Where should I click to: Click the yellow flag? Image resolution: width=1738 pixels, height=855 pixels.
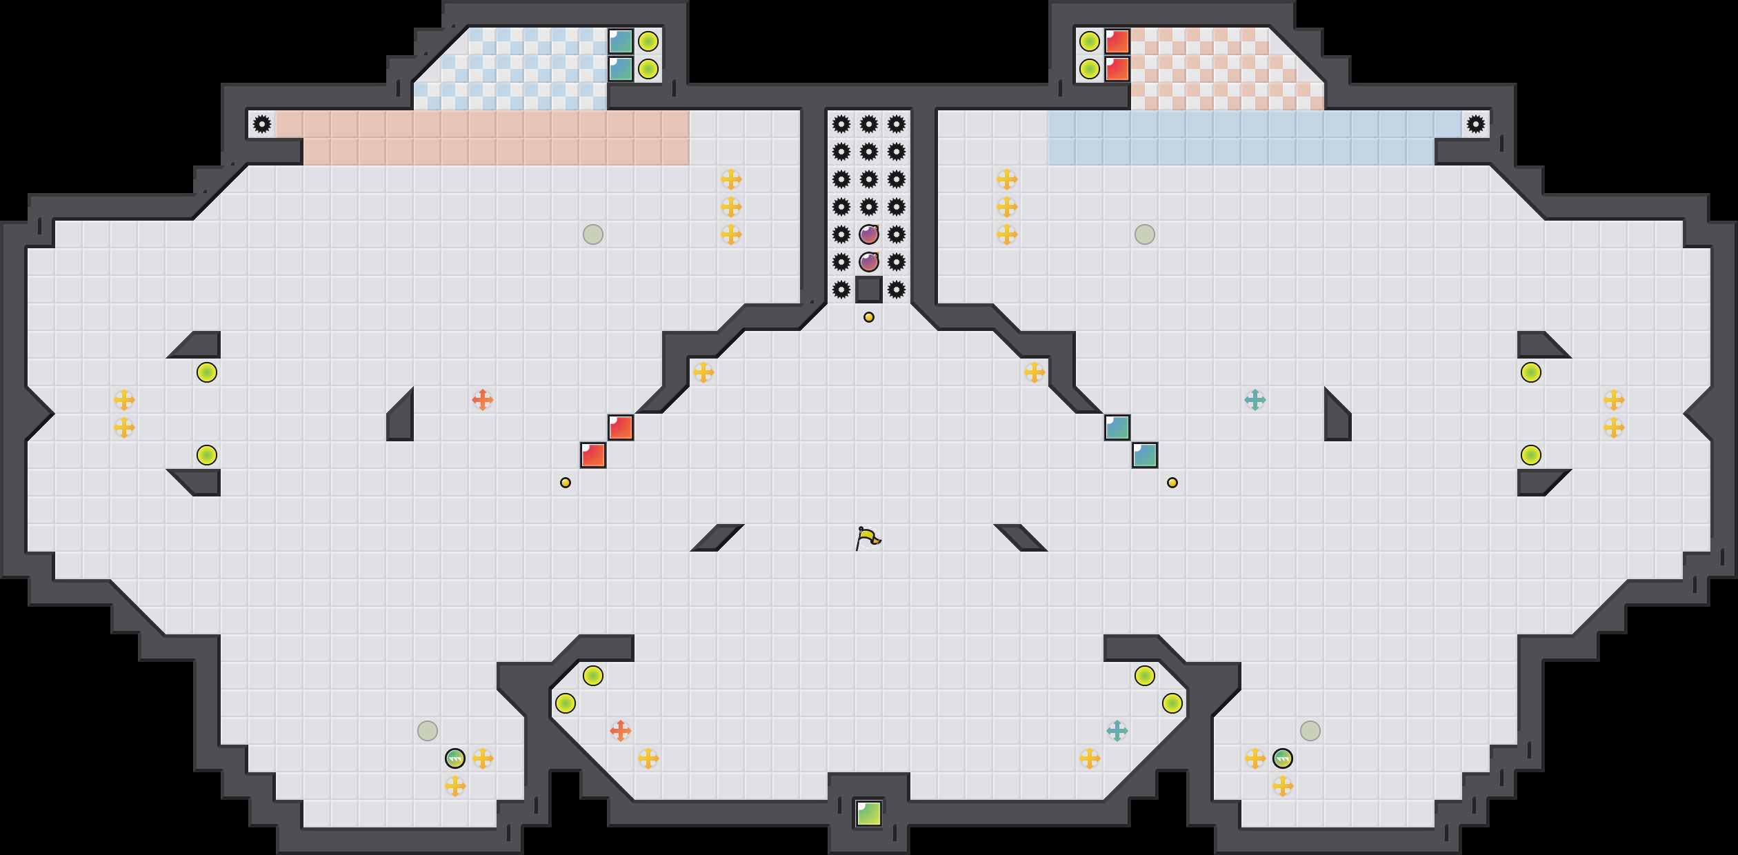pos(868,538)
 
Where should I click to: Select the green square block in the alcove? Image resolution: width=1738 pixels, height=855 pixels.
pos(869,814)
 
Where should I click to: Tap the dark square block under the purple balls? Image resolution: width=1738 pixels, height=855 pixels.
pos(869,290)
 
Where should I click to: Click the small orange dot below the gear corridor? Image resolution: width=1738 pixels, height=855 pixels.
pos(869,317)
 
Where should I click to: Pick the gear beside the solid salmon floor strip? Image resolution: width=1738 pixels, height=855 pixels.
pos(262,124)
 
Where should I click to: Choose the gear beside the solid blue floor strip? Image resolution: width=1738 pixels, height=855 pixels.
pos(1476,124)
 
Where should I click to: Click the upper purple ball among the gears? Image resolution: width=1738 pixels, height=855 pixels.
pos(869,234)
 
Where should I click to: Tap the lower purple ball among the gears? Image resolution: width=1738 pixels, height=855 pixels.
pos(869,262)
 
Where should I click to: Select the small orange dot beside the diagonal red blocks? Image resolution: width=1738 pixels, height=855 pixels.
pos(566,483)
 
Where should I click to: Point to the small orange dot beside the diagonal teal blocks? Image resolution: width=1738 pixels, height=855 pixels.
pos(1172,483)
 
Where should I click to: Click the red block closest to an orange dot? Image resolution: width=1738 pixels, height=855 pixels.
pos(593,455)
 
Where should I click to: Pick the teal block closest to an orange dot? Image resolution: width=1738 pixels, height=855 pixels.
pos(1145,455)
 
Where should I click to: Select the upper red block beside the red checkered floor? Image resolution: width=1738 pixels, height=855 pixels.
pos(1117,41)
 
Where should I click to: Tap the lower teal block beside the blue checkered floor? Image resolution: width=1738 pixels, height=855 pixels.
pos(621,69)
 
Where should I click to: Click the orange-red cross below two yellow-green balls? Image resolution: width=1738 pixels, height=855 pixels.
pos(621,731)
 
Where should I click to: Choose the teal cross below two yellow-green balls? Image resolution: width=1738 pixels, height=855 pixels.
pos(1117,731)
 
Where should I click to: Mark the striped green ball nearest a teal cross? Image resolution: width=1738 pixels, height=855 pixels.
pos(1283,758)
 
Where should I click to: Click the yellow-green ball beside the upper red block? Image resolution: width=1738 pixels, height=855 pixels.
pos(1090,41)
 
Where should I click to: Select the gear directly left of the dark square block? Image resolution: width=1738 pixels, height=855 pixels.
pos(841,290)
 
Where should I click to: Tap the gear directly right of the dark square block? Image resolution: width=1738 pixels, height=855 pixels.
pos(897,290)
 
